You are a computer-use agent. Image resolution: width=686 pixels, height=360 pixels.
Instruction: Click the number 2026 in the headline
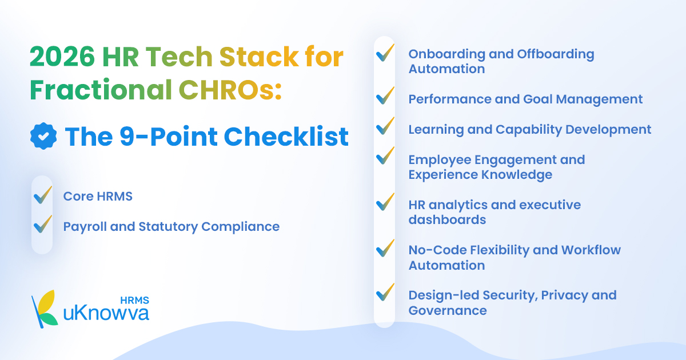pyautogui.click(x=62, y=57)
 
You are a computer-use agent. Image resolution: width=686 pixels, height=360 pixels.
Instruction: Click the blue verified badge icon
pyautogui.click(x=43, y=136)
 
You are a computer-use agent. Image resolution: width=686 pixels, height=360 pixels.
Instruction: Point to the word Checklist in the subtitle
pyautogui.click(x=286, y=136)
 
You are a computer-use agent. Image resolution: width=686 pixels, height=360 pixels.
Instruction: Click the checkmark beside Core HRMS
pyautogui.click(x=42, y=195)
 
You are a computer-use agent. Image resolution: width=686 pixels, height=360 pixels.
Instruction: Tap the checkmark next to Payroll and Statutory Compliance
pyautogui.click(x=42, y=224)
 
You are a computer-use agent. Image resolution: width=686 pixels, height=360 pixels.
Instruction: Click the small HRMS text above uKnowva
pyautogui.click(x=135, y=301)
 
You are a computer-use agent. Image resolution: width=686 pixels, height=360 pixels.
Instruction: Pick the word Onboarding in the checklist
pyautogui.click(x=445, y=54)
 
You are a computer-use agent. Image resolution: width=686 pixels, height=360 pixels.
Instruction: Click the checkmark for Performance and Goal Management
pyautogui.click(x=385, y=95)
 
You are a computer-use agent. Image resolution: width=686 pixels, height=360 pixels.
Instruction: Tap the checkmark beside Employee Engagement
pyautogui.click(x=385, y=155)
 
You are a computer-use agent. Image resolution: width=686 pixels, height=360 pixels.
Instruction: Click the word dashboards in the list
pyautogui.click(x=447, y=220)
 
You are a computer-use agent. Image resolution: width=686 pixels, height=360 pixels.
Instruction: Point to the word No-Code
pyautogui.click(x=437, y=250)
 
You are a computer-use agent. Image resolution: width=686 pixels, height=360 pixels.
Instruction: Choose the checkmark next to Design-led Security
pyautogui.click(x=385, y=292)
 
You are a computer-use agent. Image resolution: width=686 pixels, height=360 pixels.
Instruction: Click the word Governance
pyautogui.click(x=448, y=311)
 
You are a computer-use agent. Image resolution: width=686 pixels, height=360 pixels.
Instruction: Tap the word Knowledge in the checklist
pyautogui.click(x=517, y=175)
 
